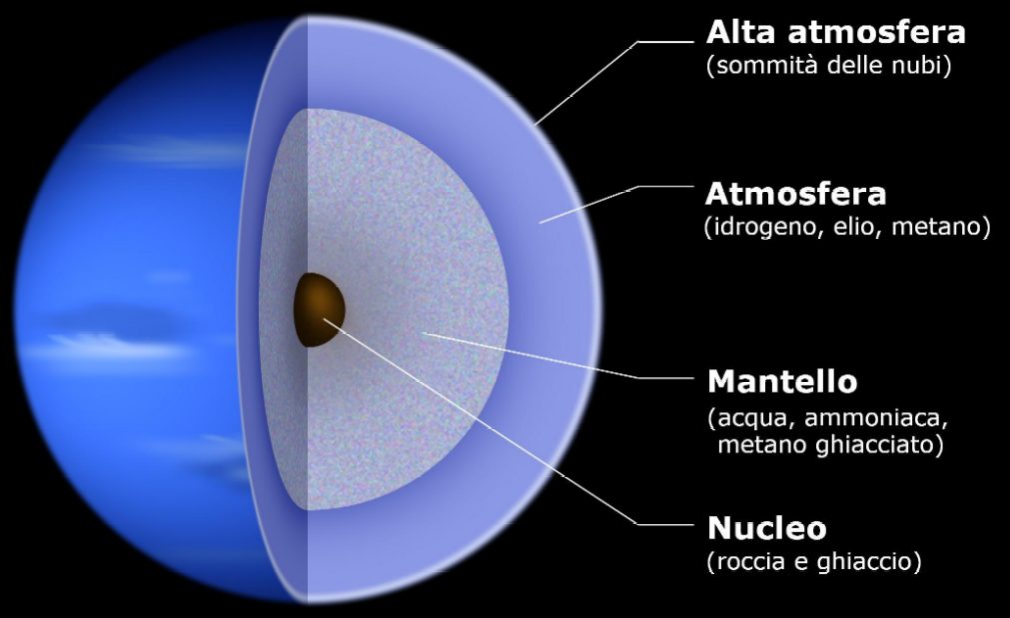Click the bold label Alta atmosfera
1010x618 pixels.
click(835, 32)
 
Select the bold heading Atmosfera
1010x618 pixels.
click(796, 194)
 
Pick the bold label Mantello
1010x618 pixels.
click(782, 382)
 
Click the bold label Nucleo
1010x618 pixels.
click(766, 528)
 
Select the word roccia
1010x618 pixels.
click(751, 561)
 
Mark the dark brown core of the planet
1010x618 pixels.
click(319, 310)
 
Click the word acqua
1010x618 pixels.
click(751, 420)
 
